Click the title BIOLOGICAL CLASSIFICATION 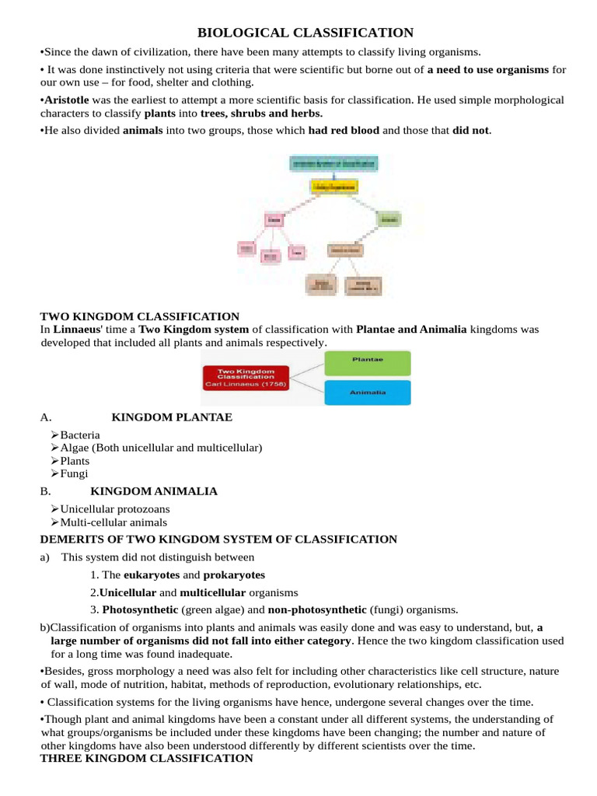[305, 32]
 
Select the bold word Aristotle [67, 100]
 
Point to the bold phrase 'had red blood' [344, 130]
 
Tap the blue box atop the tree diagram [333, 163]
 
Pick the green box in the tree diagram [387, 220]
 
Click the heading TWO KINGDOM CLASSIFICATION [139, 316]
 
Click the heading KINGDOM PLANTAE [172, 417]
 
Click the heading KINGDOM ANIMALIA [154, 491]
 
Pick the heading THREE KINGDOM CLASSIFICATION [146, 758]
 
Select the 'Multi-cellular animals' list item [113, 522]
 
